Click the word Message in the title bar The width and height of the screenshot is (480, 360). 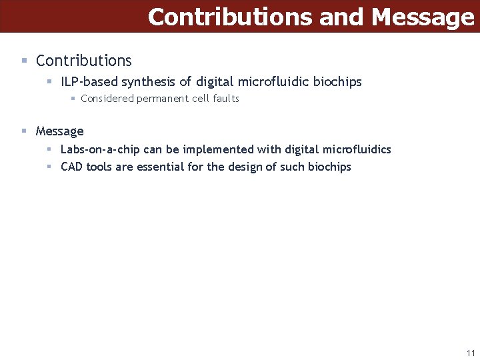(423, 17)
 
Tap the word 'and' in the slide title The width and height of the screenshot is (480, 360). (343, 17)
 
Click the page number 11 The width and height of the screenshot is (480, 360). (471, 353)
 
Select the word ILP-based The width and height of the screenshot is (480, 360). (89, 82)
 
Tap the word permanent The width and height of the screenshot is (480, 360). (162, 99)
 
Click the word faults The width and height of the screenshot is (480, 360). (225, 99)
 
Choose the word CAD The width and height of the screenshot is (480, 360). (71, 167)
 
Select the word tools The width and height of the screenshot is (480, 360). (99, 167)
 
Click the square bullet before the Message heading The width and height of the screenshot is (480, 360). (24, 131)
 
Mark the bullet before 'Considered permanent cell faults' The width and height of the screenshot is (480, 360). (73, 99)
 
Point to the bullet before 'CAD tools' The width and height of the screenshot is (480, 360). (49, 167)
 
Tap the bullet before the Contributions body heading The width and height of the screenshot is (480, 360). (24, 60)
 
